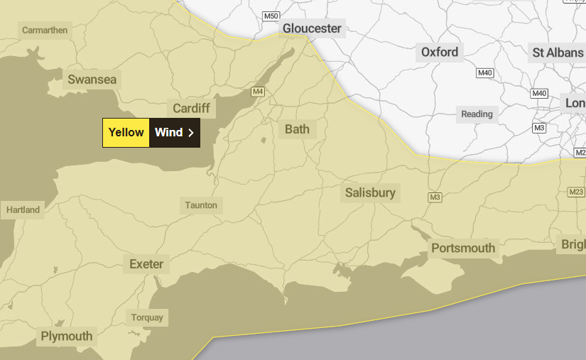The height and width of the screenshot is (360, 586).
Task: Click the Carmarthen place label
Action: coord(45,30)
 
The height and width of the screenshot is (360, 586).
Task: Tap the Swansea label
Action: coord(92,80)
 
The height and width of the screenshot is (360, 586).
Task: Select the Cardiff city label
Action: coord(191,108)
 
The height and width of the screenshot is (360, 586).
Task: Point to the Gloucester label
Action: coord(312,28)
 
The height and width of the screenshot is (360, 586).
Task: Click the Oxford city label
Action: coord(440,52)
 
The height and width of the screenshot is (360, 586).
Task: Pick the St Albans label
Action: coord(558,52)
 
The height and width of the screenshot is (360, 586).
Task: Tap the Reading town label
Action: coord(477,114)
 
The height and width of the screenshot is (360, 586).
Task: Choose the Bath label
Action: coord(297,129)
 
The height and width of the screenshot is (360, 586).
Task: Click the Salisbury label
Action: coord(370,192)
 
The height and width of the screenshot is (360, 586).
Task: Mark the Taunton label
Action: coord(201,205)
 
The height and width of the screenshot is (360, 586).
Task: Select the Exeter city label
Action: coord(146,264)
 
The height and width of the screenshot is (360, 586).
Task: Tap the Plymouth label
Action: coord(67,336)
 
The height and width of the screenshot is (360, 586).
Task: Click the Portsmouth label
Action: coord(463,248)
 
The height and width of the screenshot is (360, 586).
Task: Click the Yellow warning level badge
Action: coord(126,132)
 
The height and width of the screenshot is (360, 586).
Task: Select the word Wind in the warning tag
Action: coord(168,132)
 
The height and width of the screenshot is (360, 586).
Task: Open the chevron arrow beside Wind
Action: coord(191,133)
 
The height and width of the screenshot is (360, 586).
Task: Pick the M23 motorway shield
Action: coord(575,192)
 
